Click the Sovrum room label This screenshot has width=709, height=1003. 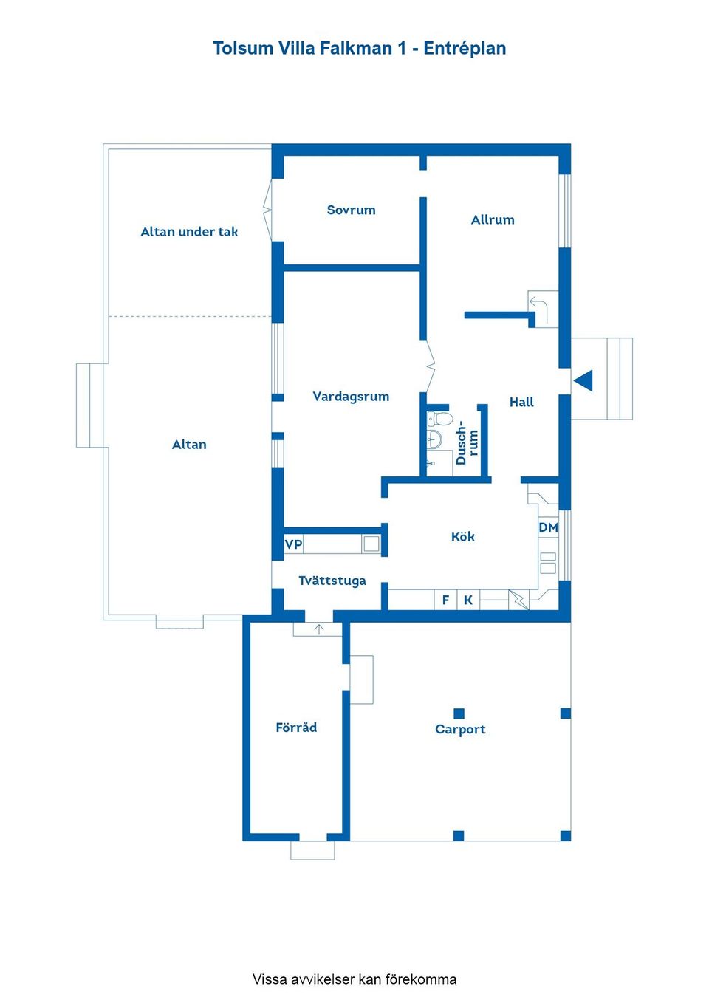tap(351, 210)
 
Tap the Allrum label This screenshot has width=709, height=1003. tap(493, 220)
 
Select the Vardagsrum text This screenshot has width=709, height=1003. tap(351, 397)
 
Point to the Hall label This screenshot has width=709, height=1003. tap(521, 403)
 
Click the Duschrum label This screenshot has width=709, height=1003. tap(467, 442)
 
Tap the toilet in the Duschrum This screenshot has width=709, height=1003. tap(441, 420)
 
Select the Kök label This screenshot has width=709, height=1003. tap(463, 537)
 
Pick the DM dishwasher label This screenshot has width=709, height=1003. tap(548, 527)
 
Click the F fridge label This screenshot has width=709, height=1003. tap(445, 600)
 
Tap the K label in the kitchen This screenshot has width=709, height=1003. tap(468, 600)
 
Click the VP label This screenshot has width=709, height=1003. tap(293, 544)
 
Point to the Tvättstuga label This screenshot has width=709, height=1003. tap(332, 581)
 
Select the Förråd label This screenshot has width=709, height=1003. tap(296, 728)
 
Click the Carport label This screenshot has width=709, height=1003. tap(460, 730)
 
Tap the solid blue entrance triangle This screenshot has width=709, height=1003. tap(584, 380)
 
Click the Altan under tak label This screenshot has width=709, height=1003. tap(189, 232)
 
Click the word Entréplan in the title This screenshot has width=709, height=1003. tap(465, 49)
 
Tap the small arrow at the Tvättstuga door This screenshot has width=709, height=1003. tap(319, 629)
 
